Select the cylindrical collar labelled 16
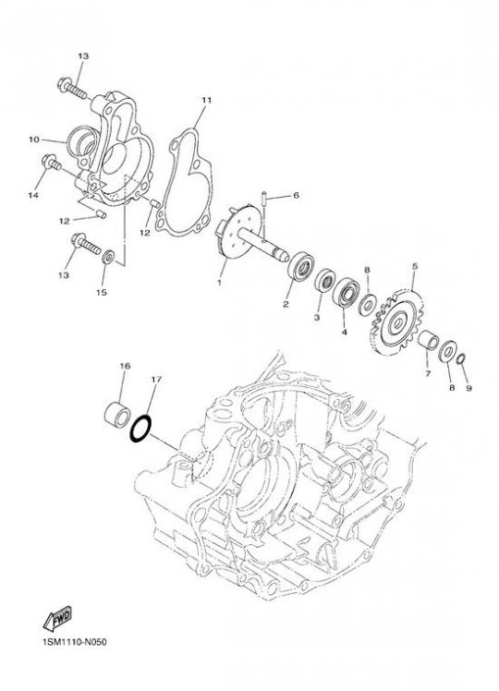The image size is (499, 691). point(117,415)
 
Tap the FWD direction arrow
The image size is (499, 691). point(57,619)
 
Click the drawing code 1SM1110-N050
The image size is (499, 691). point(74,642)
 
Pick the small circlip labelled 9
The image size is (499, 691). point(460,358)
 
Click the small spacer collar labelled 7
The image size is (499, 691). point(428,340)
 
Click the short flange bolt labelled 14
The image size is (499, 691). point(51,163)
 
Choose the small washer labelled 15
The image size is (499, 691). point(108,257)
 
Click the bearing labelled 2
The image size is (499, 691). point(300,266)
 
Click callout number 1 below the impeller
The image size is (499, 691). point(219,283)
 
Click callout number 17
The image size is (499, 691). point(156,379)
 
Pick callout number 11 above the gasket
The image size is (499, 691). point(206,100)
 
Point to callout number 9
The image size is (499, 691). point(469,388)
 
